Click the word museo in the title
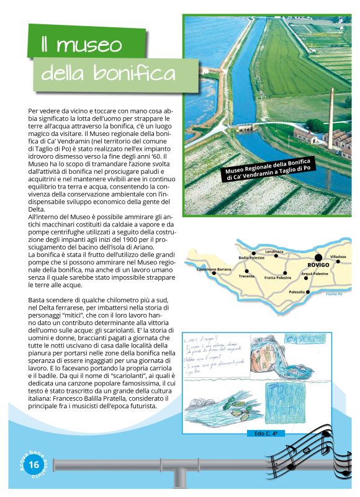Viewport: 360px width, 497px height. [x=81, y=45]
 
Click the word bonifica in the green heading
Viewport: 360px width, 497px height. [x=134, y=74]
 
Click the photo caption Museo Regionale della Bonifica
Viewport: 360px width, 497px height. [x=267, y=168]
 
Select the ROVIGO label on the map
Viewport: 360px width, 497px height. [x=318, y=265]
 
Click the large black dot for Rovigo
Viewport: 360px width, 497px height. [x=318, y=257]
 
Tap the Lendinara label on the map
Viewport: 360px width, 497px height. [x=274, y=251]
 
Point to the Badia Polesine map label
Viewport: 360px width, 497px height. [x=252, y=257]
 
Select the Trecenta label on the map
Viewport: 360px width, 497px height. [x=246, y=276]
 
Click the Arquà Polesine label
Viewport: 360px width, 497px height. [x=315, y=273]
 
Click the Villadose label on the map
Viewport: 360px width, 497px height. [x=338, y=256]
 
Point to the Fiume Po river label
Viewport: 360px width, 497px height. [x=335, y=293]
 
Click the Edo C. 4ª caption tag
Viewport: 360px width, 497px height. [x=261, y=433]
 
